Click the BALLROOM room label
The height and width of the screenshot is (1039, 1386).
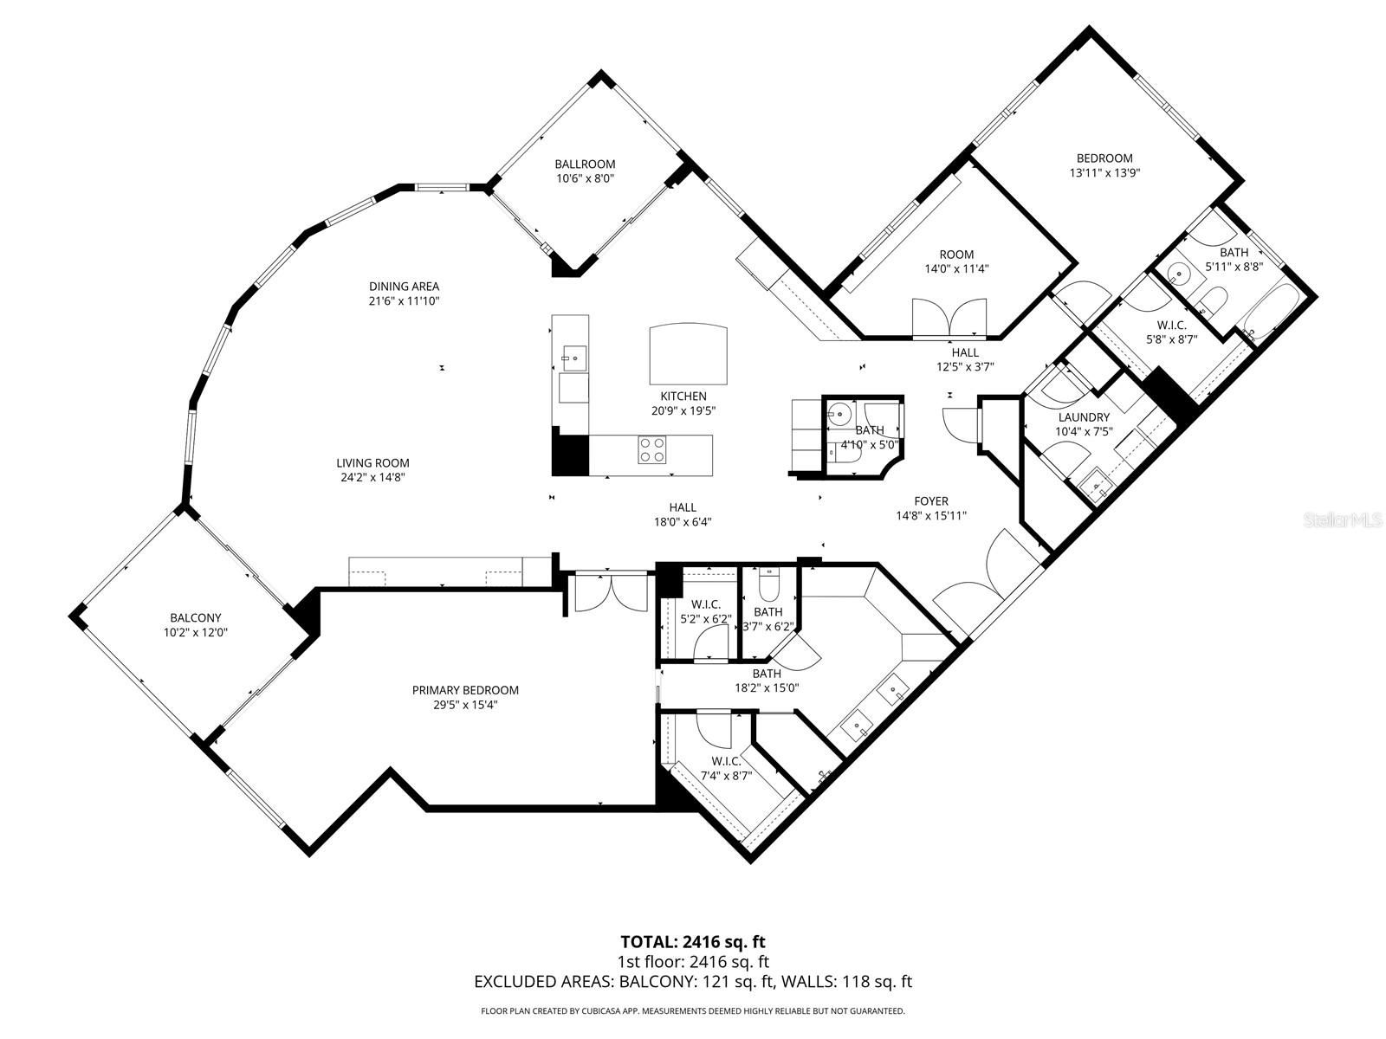[585, 164]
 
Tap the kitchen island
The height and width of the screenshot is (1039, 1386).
[689, 354]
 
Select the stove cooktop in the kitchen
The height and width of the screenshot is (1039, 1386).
[652, 450]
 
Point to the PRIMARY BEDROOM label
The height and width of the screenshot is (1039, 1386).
[465, 690]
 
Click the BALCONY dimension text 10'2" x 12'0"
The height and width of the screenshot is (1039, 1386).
[195, 632]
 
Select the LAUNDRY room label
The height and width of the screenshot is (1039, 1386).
[1083, 417]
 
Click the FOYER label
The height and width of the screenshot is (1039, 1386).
[931, 500]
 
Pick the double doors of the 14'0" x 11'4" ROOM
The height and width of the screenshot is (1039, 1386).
[949, 317]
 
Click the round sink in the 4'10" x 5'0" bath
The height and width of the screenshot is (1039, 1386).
[838, 413]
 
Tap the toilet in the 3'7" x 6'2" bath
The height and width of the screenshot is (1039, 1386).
[768, 586]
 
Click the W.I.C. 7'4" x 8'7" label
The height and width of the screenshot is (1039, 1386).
[726, 761]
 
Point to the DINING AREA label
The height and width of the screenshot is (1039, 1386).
[404, 287]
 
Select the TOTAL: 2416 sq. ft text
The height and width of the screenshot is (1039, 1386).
[693, 941]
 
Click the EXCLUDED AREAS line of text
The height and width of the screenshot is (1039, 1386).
[693, 982]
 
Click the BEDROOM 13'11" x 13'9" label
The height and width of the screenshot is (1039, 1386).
[1104, 158]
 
